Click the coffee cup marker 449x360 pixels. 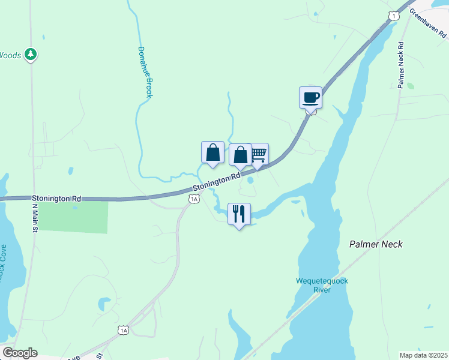(310, 97)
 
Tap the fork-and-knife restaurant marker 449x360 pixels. (239, 214)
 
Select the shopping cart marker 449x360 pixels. (258, 154)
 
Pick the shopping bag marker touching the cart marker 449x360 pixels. (240, 155)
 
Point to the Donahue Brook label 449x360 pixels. (145, 72)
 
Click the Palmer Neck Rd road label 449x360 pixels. (401, 65)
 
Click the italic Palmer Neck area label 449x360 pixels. (376, 244)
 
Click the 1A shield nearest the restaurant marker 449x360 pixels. (193, 199)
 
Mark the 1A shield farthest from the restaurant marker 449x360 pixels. (123, 330)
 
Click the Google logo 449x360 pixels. (19, 353)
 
